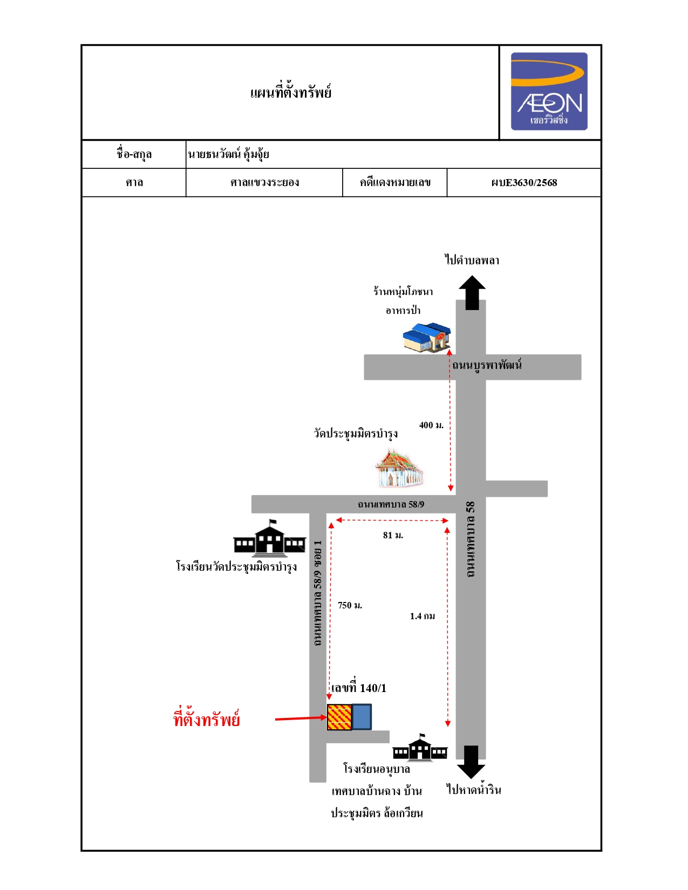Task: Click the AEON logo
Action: point(549,91)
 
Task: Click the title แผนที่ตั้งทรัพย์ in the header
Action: point(290,92)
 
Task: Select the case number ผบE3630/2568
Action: point(524,183)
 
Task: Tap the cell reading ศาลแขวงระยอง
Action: point(264,183)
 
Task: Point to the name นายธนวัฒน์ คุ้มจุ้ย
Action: point(228,154)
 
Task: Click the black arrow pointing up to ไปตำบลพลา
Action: point(472,292)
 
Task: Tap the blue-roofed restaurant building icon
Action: point(427,338)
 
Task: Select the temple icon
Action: point(399,469)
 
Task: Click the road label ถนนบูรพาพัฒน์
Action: point(486,365)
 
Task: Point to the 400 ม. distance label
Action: point(431,425)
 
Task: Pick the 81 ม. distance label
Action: point(393,535)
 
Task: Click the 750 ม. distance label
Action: point(350,605)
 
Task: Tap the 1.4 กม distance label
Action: point(423,616)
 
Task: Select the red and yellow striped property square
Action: point(339,717)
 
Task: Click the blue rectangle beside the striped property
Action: point(362,717)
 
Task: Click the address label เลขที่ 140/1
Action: point(358,688)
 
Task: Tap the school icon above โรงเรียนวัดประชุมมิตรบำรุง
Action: point(269,539)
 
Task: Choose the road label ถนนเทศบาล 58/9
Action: point(391,504)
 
